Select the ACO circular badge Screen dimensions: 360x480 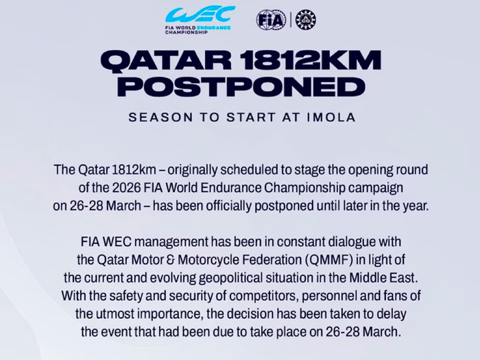point(306,19)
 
